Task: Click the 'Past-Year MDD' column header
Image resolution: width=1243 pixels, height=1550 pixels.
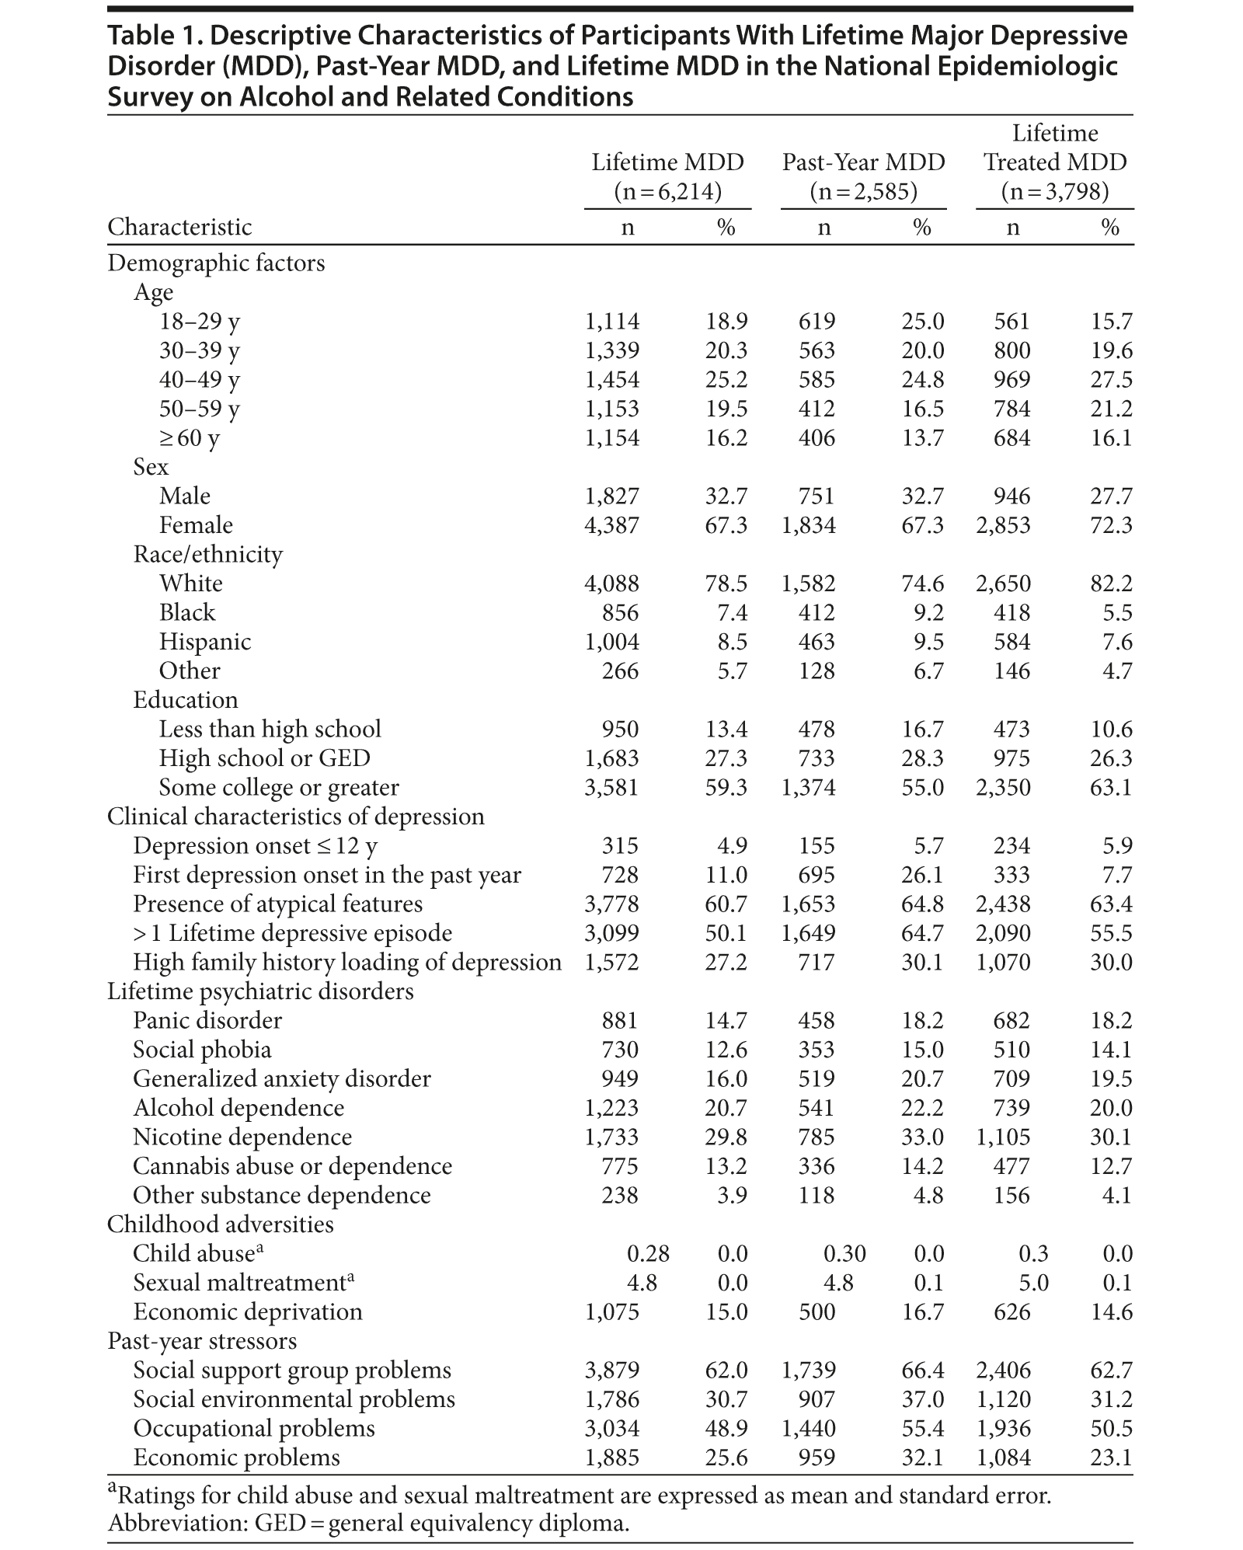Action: [863, 162]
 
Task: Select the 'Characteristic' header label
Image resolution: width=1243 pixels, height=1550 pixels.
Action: [179, 227]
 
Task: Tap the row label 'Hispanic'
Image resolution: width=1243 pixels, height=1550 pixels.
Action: [205, 642]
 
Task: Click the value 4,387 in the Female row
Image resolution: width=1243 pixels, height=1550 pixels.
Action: [611, 525]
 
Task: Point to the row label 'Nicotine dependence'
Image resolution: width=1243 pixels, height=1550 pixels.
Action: [242, 1137]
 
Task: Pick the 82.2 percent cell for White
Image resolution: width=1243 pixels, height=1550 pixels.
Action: [1111, 583]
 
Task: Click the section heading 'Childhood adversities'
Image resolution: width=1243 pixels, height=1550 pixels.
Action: [220, 1224]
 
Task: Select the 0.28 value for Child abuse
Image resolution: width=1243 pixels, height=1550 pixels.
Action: [648, 1253]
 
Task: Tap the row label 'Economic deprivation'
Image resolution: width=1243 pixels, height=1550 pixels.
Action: [248, 1312]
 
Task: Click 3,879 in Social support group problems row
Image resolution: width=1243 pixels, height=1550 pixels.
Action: [611, 1371]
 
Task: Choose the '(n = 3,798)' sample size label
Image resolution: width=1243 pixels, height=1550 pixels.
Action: [1054, 191]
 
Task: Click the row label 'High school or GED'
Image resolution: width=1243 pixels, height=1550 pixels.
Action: [264, 758]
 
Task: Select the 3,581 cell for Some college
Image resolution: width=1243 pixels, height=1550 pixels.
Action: [611, 788]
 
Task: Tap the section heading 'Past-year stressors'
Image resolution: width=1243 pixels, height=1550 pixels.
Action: [202, 1341]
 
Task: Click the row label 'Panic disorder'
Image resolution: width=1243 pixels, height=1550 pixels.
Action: [207, 1021]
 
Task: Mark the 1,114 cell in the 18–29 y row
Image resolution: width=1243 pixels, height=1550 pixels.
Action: [611, 322]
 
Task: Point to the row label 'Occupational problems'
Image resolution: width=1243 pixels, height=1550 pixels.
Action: [253, 1429]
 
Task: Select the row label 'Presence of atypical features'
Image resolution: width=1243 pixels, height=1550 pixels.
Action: [277, 904]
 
